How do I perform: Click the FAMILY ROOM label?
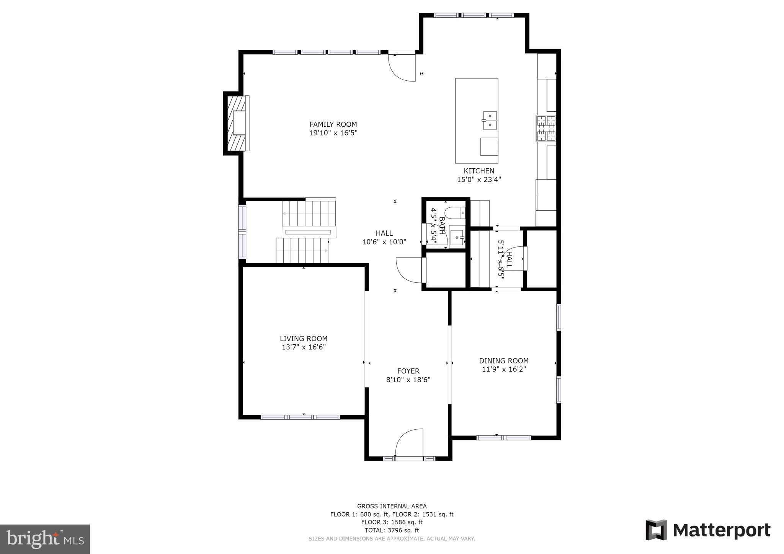pos(333,124)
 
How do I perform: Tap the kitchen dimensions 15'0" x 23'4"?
pos(479,179)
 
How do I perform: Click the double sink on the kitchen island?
pos(490,120)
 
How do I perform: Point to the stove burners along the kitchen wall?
pos(546,128)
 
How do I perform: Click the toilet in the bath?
pos(455,212)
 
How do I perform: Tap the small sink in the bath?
pos(457,238)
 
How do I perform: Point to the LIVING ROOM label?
pos(304,339)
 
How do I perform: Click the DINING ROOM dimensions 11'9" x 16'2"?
pos(504,369)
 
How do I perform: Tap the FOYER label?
pos(408,371)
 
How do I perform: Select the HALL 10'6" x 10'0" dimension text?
pos(384,242)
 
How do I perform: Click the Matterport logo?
pos(708,530)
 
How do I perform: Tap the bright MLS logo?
pos(45,539)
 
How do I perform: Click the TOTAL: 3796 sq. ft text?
pos(392,530)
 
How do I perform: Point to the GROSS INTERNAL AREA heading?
pos(392,506)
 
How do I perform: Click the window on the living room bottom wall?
pos(301,417)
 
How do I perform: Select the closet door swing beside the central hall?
pos(408,270)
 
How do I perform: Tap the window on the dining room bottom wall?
pos(503,438)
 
